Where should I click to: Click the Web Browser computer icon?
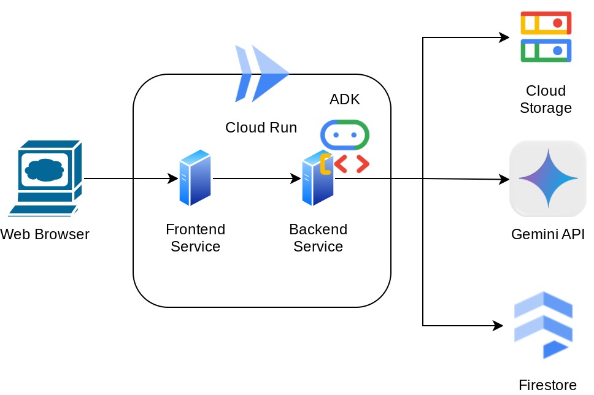tap(46, 178)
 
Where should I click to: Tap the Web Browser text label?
tap(45, 234)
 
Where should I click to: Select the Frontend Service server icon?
tap(195, 178)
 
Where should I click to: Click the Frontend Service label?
tap(195, 238)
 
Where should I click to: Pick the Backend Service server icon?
tap(317, 179)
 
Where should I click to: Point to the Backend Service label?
tap(318, 238)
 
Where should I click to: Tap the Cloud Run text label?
tap(261, 128)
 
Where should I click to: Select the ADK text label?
tap(345, 99)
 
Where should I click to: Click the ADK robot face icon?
tap(345, 135)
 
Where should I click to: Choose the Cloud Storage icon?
tap(546, 37)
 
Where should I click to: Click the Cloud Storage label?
tap(546, 99)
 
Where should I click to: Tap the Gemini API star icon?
tap(547, 178)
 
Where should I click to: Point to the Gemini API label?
tap(547, 234)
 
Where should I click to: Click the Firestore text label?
tap(547, 385)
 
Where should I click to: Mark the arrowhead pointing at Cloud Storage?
tap(504, 37)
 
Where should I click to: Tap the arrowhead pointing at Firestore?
tap(498, 326)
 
